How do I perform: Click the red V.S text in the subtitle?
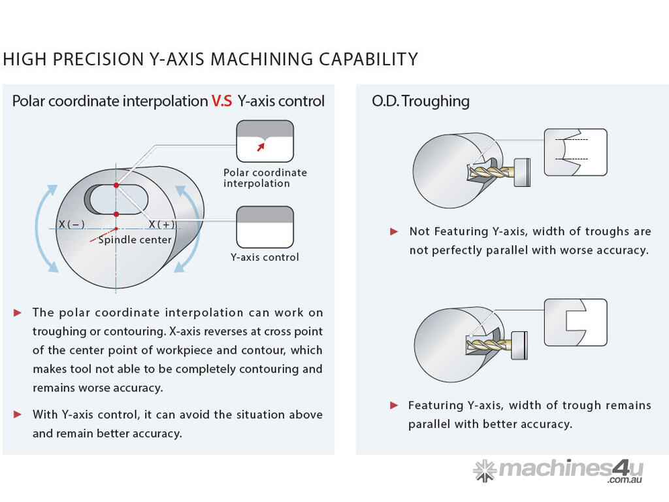pyautogui.click(x=221, y=101)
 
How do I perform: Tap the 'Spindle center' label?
pyautogui.click(x=135, y=240)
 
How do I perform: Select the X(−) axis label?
pyautogui.click(x=71, y=224)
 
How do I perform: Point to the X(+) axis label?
pyautogui.click(x=161, y=224)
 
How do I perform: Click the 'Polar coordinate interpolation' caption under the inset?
pyautogui.click(x=265, y=178)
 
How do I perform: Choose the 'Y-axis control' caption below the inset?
pyautogui.click(x=265, y=257)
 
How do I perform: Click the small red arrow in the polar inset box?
pyautogui.click(x=261, y=147)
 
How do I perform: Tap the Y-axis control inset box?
pyautogui.click(x=265, y=227)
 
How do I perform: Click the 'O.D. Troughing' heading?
pyautogui.click(x=420, y=101)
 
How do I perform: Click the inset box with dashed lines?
pyautogui.click(x=576, y=152)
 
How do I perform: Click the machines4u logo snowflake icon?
pyautogui.click(x=485, y=471)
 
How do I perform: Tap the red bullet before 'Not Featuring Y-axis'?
pyautogui.click(x=394, y=231)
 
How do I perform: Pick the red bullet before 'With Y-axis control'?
pyautogui.click(x=18, y=414)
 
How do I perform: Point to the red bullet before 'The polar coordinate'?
pyautogui.click(x=18, y=312)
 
